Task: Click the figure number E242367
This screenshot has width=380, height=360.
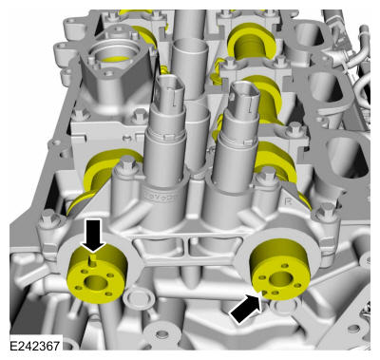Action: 34,346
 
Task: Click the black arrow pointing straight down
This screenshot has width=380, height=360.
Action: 93,236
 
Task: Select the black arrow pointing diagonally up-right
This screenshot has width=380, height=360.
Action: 246,308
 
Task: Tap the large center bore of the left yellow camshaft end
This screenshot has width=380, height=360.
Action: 96,282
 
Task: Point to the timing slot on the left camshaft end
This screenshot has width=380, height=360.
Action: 92,261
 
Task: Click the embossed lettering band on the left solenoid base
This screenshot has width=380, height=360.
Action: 161,197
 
